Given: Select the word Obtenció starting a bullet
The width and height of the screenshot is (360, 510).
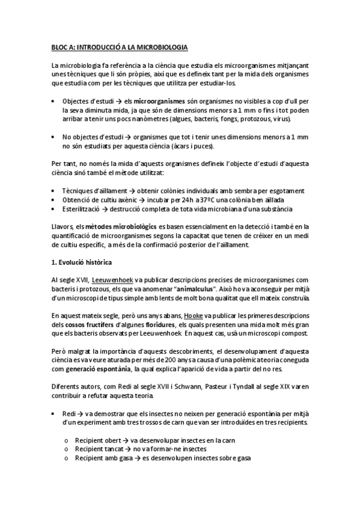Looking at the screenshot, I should [78, 200].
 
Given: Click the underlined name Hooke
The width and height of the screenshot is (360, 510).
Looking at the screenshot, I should [176, 316].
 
